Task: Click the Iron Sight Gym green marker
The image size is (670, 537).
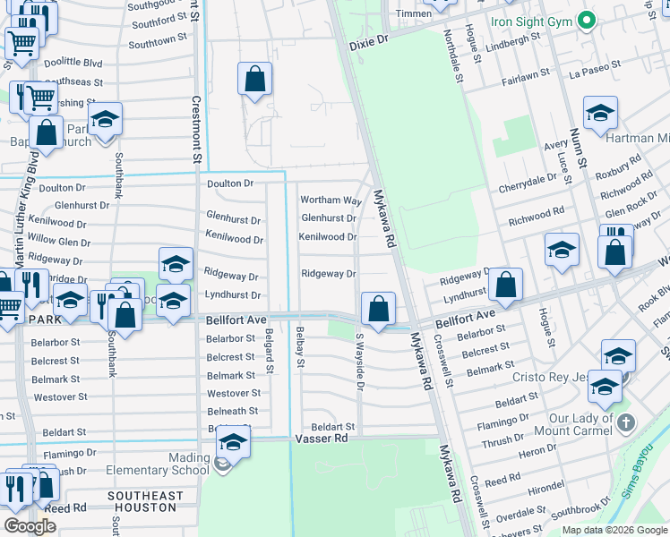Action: tap(586, 20)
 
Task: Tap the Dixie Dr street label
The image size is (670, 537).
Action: tap(369, 40)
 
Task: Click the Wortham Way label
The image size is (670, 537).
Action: tap(331, 200)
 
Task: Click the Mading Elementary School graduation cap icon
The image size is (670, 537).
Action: tap(233, 443)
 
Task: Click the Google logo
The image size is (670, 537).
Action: tap(30, 525)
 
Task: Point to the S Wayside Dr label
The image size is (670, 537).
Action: tap(360, 362)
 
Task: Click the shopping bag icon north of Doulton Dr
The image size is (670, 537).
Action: tap(254, 78)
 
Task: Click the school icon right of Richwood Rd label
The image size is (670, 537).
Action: tap(561, 250)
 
